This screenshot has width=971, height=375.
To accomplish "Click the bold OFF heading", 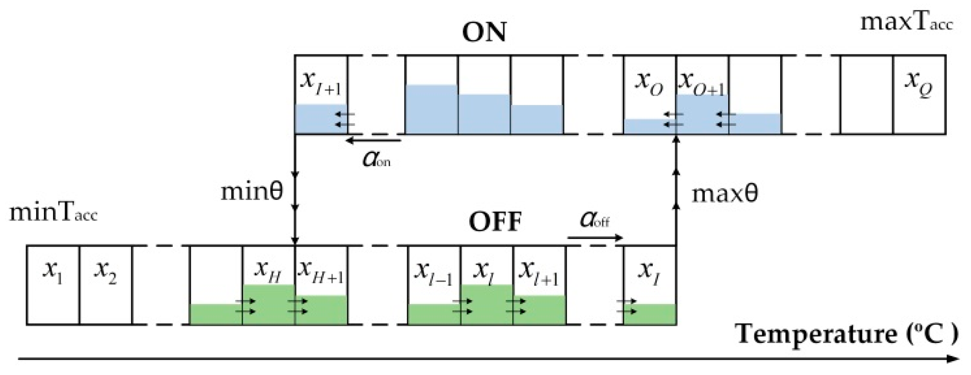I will click(495, 222).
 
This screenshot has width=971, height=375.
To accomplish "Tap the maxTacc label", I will click(906, 22).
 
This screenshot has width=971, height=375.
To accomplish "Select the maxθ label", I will click(724, 194).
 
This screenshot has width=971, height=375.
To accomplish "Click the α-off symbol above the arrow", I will click(594, 219).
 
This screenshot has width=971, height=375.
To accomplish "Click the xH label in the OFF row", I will click(267, 271).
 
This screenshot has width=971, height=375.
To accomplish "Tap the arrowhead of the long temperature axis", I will click(954, 359).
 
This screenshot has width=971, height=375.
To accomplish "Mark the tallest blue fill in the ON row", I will click(431, 110).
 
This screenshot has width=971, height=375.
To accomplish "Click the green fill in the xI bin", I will click(650, 314).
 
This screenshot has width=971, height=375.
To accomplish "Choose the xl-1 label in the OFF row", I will click(433, 272).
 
